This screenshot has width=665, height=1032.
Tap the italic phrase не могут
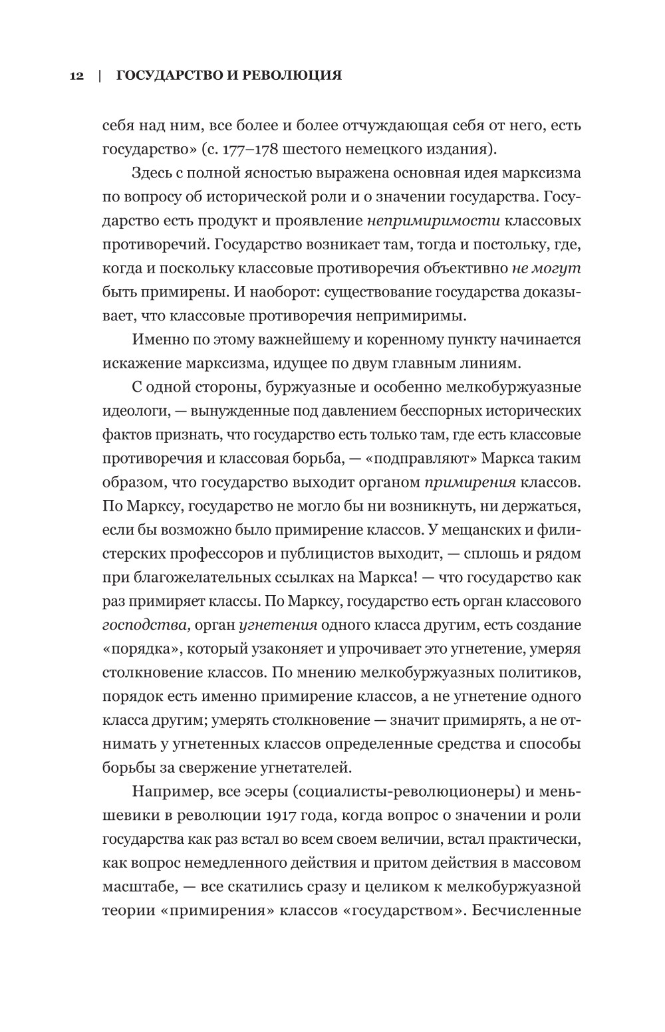coord(547,267)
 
